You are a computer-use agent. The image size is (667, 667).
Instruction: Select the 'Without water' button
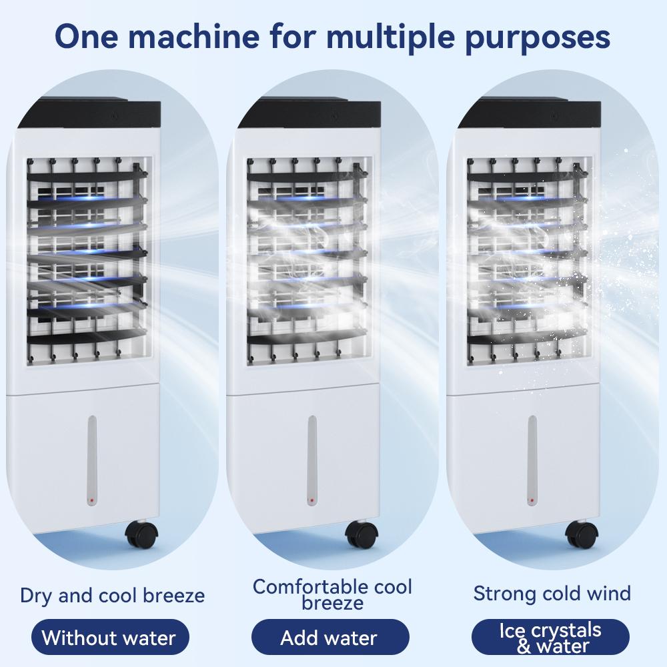click(x=110, y=637)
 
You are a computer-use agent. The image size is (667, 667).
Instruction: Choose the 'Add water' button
click(x=329, y=637)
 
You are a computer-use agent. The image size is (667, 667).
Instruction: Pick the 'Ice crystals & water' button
click(x=550, y=637)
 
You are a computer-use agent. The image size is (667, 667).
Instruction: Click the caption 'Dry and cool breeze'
click(x=112, y=596)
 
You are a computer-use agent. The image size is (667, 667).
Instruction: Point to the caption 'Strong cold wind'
click(x=552, y=594)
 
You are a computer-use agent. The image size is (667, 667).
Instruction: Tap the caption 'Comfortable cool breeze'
click(x=332, y=594)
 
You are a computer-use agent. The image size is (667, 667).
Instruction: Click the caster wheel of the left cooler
click(x=141, y=534)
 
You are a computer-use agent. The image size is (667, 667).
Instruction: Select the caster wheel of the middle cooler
click(x=362, y=534)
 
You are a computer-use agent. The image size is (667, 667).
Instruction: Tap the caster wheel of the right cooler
click(x=582, y=534)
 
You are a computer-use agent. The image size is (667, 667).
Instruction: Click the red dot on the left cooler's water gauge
click(x=91, y=500)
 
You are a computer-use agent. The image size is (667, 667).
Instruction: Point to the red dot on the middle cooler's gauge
click(x=311, y=500)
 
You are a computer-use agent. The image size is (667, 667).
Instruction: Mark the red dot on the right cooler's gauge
click(x=532, y=500)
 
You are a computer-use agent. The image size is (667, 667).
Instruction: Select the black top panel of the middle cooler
click(x=310, y=113)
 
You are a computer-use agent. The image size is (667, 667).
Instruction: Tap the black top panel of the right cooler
click(x=530, y=113)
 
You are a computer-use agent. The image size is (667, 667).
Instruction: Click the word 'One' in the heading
click(x=86, y=37)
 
